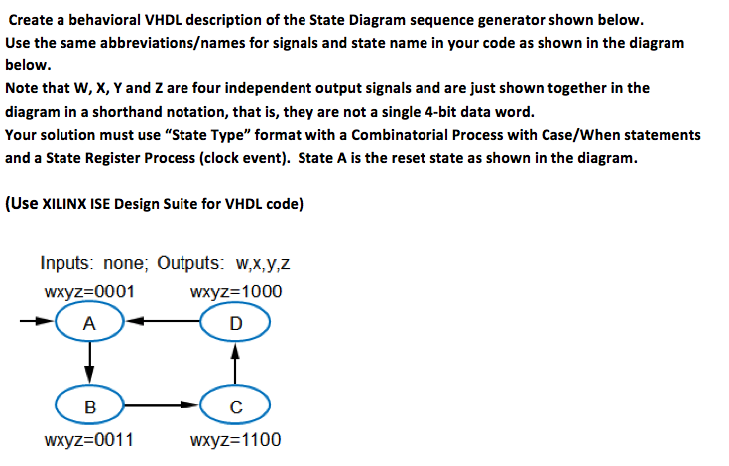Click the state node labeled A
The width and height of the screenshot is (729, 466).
(89, 322)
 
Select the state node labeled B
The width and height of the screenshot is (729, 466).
(89, 406)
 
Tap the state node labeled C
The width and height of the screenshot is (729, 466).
(235, 406)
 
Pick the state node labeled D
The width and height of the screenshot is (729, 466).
(235, 322)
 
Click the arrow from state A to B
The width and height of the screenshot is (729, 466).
(89, 363)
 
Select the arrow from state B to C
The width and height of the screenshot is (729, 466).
(163, 405)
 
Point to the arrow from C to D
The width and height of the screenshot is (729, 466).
(235, 364)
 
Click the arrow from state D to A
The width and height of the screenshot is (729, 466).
(163, 321)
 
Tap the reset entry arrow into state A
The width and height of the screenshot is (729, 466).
(38, 321)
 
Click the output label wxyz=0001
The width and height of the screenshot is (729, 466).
(89, 291)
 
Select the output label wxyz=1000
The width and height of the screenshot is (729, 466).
(236, 291)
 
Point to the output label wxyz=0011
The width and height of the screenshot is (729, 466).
(89, 439)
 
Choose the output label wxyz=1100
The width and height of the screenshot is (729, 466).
(235, 439)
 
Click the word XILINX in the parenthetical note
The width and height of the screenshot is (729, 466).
(64, 204)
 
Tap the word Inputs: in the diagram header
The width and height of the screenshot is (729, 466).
(67, 263)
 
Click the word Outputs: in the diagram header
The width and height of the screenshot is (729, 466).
(190, 263)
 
